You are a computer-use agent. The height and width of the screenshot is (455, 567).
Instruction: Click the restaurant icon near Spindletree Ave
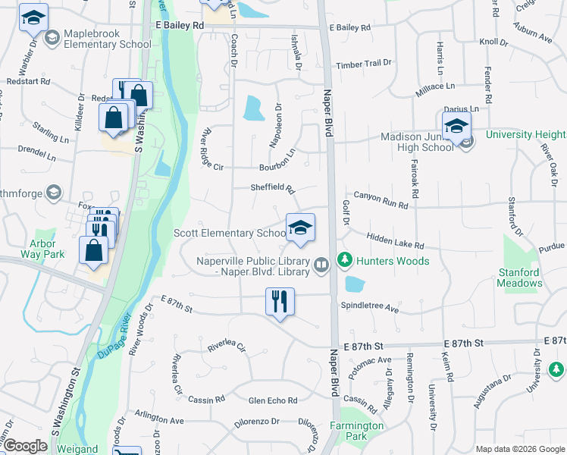[x=280, y=302]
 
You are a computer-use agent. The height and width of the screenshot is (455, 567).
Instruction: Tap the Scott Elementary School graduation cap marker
[x=300, y=227]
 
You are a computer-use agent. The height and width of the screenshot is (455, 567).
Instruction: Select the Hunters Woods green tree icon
[x=345, y=261]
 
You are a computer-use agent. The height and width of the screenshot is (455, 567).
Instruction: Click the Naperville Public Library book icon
[x=321, y=264]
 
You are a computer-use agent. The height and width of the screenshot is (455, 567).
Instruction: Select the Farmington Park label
[x=356, y=431]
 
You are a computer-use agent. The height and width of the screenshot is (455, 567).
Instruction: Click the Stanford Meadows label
[x=520, y=278]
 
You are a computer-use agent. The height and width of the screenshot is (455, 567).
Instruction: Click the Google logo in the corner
[x=25, y=446]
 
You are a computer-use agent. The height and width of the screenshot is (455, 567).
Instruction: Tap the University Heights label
[x=526, y=134]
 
